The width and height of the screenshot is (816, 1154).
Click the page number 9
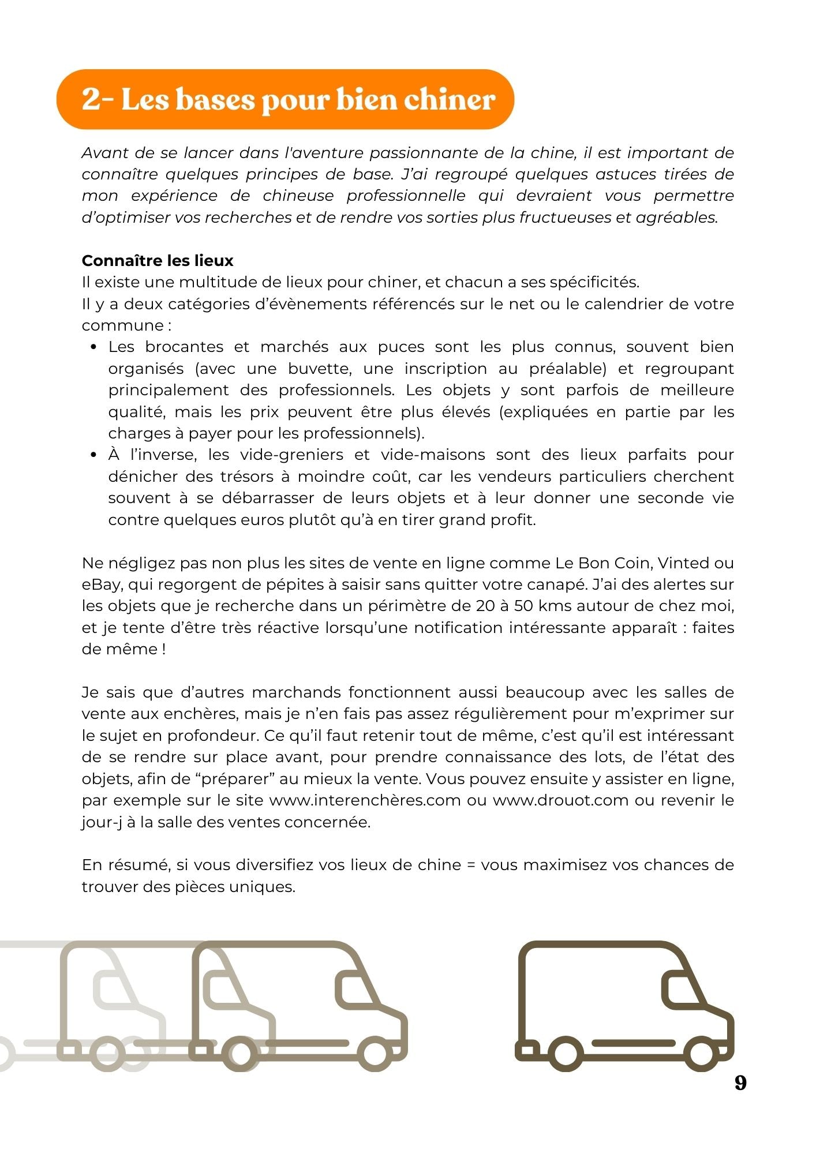coord(740,1083)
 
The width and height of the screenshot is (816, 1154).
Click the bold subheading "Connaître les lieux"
coord(157,261)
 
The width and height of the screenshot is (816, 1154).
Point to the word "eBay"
coord(102,585)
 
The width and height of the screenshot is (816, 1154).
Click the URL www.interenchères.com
coord(365,800)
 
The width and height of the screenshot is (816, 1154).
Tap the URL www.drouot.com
coord(560,800)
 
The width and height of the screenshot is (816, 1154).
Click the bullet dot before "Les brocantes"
coord(94,347)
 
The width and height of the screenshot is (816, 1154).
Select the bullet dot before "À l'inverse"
coord(94,455)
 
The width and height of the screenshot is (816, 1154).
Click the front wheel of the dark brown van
coord(702,1053)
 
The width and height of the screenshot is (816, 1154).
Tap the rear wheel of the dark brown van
coord(565,1053)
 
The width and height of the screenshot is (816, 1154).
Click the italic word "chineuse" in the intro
coord(298,196)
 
